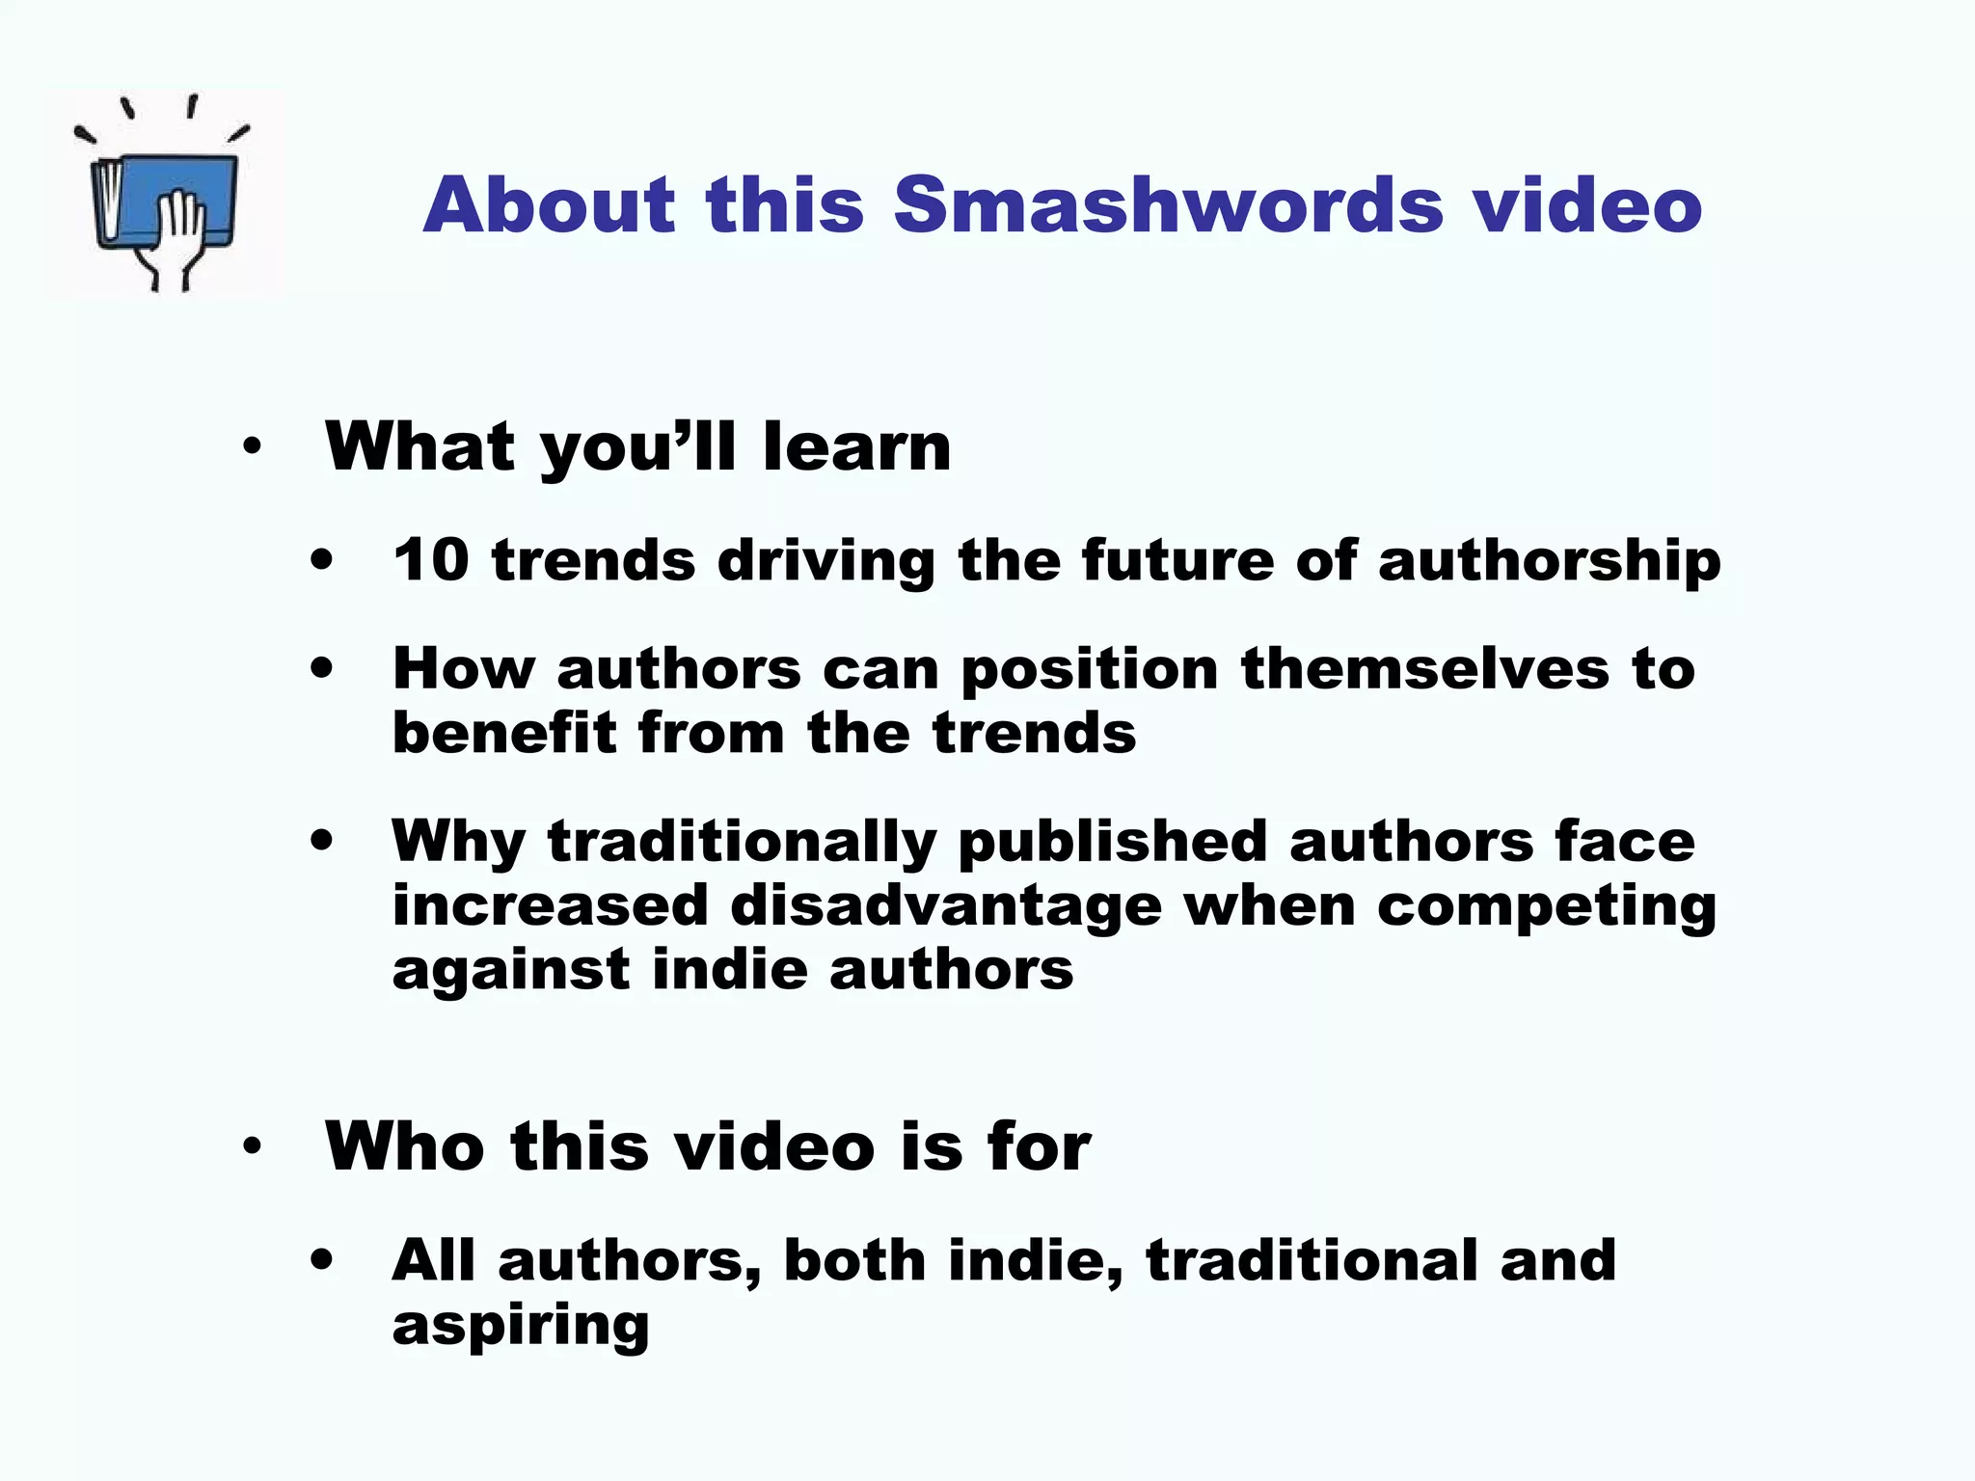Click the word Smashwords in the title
click(1168, 204)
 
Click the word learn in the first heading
click(856, 447)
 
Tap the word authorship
click(1549, 561)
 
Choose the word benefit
click(503, 733)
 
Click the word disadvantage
click(945, 906)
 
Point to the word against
click(510, 970)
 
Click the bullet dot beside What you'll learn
click(253, 447)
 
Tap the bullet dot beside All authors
click(322, 1259)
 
